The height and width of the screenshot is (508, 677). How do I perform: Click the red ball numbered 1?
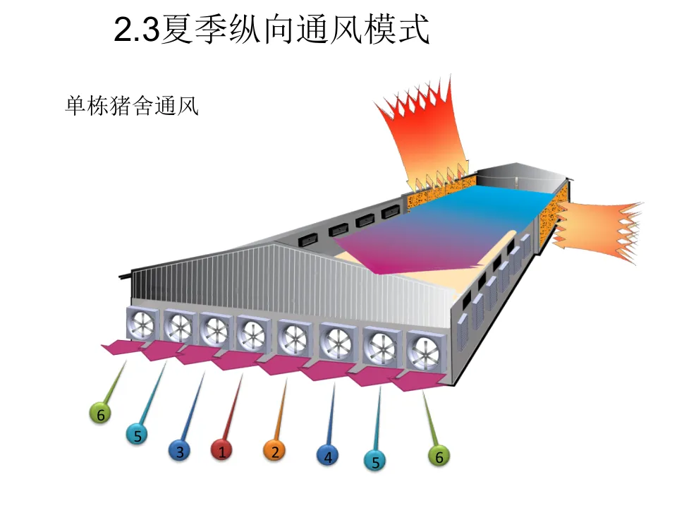coord(221,451)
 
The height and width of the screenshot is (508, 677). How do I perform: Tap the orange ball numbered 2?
coord(274,451)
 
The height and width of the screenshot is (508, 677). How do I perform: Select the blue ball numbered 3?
coord(180,451)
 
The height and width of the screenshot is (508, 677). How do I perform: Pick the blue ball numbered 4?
coord(327,456)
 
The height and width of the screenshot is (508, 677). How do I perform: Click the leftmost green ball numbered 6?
coord(100,414)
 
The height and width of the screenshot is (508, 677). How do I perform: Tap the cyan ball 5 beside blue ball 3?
coord(138,435)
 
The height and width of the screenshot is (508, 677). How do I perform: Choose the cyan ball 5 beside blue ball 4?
coord(375,461)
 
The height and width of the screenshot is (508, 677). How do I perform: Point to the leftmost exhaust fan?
coord(143,324)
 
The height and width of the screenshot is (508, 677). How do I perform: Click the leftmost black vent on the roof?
coord(309,238)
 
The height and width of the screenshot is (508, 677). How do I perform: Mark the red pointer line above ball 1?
coord(233,406)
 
